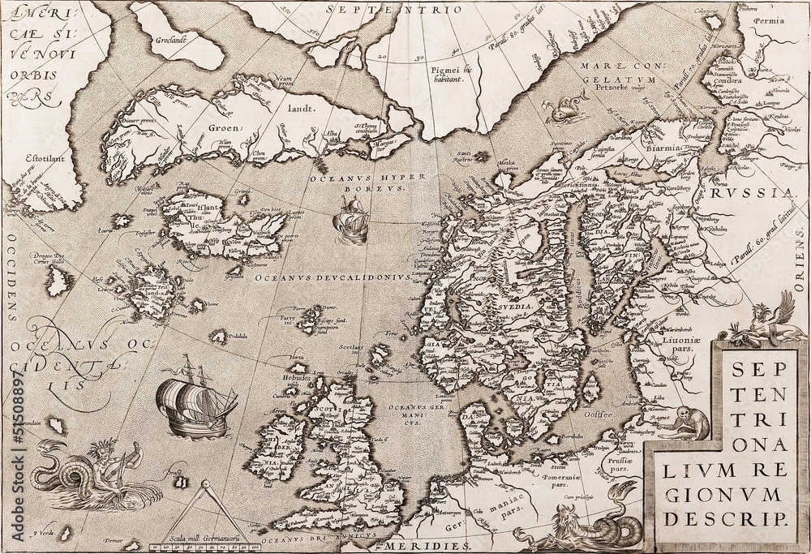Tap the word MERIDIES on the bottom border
pyautogui.click(x=418, y=546)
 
